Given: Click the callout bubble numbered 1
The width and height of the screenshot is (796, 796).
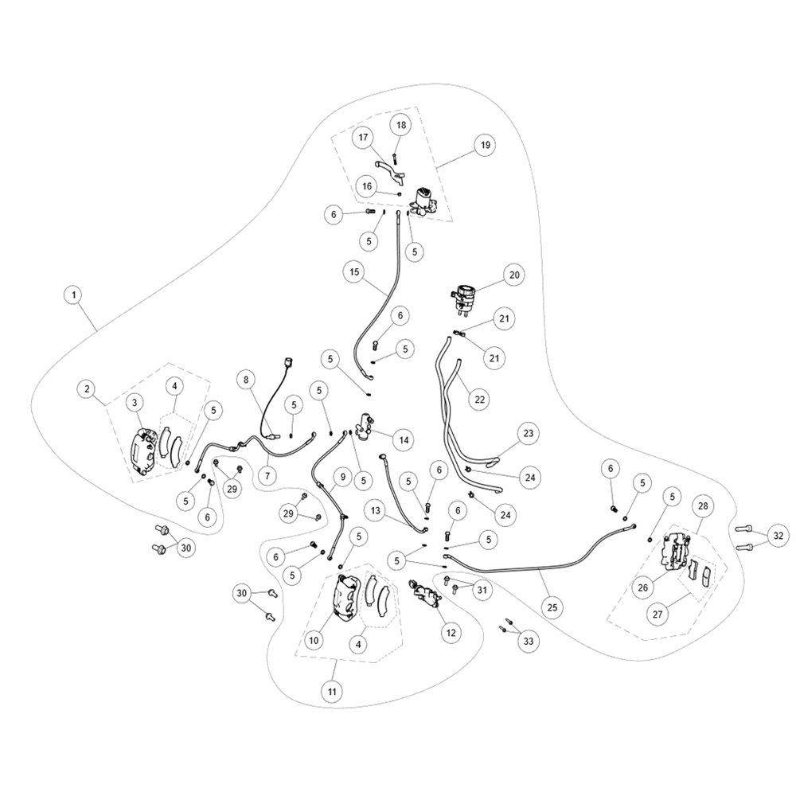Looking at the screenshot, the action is pyautogui.click(x=74, y=295).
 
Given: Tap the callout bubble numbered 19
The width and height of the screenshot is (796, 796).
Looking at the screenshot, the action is pyautogui.click(x=486, y=145).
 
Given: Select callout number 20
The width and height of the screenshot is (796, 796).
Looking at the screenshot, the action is pyautogui.click(x=514, y=275).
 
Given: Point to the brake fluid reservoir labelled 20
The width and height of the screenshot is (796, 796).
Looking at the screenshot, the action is pyautogui.click(x=463, y=299).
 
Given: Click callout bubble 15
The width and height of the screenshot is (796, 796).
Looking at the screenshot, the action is pyautogui.click(x=354, y=271).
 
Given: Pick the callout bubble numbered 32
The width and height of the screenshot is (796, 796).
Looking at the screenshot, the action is pyautogui.click(x=778, y=536).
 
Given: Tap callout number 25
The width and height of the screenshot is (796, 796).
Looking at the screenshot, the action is pyautogui.click(x=552, y=607).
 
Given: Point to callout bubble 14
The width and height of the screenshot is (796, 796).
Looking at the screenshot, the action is pyautogui.click(x=404, y=439).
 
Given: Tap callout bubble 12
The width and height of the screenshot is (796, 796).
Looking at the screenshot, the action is pyautogui.click(x=451, y=633).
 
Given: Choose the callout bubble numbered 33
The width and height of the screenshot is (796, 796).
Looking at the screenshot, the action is pyautogui.click(x=529, y=641).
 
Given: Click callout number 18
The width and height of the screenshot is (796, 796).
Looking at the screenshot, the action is pyautogui.click(x=401, y=125).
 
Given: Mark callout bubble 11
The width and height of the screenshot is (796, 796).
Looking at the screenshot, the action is pyautogui.click(x=332, y=692).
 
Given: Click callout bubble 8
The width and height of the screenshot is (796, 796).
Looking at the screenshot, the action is pyautogui.click(x=246, y=379).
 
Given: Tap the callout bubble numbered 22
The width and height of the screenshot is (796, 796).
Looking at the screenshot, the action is pyautogui.click(x=480, y=400).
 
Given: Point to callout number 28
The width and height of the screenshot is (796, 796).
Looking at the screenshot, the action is pyautogui.click(x=703, y=505).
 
